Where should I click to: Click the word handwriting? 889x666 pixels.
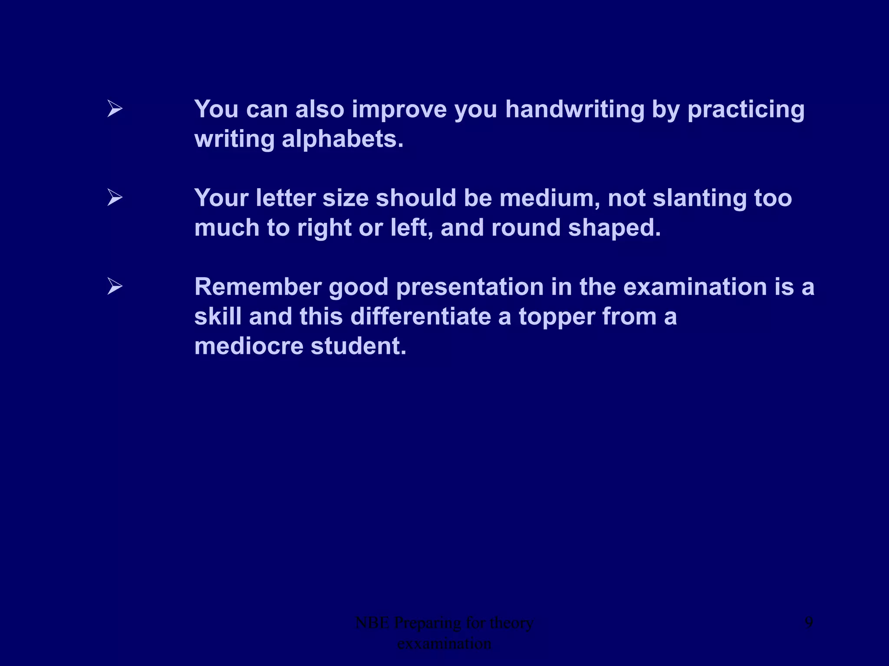coord(575,109)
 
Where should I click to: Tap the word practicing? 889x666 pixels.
coord(746,109)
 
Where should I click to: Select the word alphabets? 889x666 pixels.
coord(342,139)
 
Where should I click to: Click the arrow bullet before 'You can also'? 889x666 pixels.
coord(115,108)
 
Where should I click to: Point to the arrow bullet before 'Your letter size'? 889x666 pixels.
coord(115,198)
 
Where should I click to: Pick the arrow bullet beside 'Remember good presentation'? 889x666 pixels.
coord(115,287)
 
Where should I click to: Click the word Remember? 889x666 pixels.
coord(258,287)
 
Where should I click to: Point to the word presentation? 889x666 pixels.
coord(470,287)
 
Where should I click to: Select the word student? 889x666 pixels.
coord(359,346)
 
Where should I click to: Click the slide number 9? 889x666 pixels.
coord(809,623)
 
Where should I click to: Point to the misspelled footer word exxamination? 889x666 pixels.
coord(444,643)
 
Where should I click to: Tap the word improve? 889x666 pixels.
coord(399,109)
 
